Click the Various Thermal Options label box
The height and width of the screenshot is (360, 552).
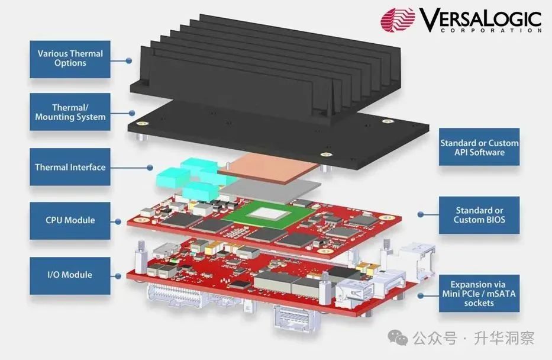click(70, 58)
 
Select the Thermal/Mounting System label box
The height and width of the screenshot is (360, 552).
click(70, 112)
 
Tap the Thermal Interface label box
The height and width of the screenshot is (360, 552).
click(70, 167)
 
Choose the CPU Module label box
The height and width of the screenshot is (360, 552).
click(70, 220)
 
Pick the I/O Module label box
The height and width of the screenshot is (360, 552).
click(70, 275)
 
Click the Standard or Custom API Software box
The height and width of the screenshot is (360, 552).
click(479, 147)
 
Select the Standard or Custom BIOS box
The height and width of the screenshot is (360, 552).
click(479, 215)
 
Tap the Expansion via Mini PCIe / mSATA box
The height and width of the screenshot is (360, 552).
click(479, 294)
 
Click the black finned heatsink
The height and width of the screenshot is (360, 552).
click(266, 65)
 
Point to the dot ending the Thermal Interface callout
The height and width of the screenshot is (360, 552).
click(151, 168)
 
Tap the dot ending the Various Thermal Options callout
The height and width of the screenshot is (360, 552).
click(129, 60)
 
